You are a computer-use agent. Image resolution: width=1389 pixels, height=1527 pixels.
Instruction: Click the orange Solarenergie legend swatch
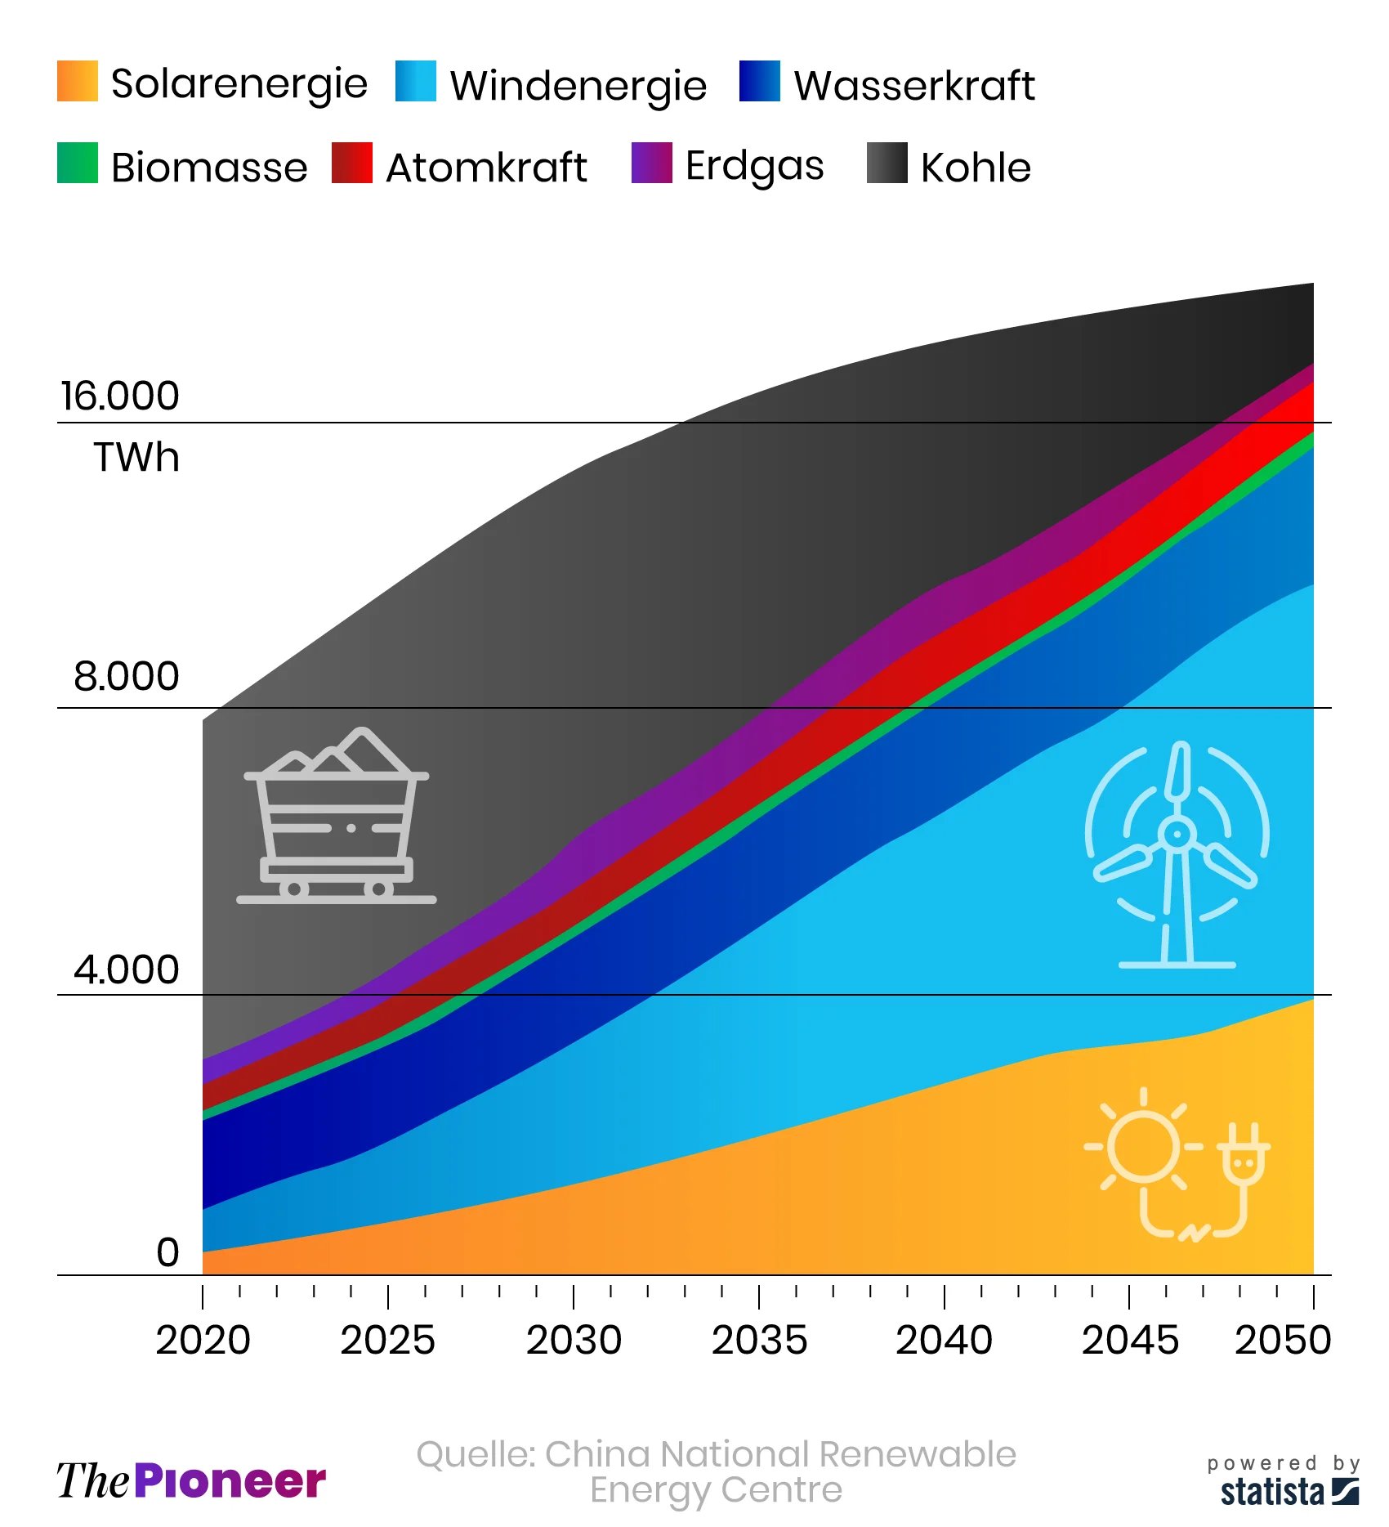point(78,81)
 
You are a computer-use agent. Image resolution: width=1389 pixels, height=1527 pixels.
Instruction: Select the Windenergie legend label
point(578,85)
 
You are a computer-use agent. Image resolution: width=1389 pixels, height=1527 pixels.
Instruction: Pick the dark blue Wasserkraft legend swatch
point(759,81)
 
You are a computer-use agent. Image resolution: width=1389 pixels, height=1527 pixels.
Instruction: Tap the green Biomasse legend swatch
point(78,163)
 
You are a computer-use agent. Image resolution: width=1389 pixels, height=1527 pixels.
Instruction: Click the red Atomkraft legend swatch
point(352,163)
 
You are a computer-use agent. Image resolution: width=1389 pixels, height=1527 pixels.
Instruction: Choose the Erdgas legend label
point(754,166)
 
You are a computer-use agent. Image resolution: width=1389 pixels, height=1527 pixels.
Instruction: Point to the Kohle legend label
point(976,167)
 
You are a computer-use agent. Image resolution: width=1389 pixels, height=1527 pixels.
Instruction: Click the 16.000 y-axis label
point(120,396)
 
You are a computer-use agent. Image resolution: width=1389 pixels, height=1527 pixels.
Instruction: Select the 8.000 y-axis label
point(127,676)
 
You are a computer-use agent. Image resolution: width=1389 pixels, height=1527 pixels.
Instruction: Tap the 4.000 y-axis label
point(127,969)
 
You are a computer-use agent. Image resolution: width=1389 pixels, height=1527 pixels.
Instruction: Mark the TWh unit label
point(136,457)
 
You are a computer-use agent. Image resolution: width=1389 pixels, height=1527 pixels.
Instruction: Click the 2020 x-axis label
point(203,1340)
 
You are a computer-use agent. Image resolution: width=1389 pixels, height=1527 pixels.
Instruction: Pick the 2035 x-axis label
point(759,1340)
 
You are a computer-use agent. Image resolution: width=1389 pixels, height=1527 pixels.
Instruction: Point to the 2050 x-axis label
point(1283,1340)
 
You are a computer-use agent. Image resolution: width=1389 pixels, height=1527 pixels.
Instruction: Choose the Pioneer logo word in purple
point(230,1481)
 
